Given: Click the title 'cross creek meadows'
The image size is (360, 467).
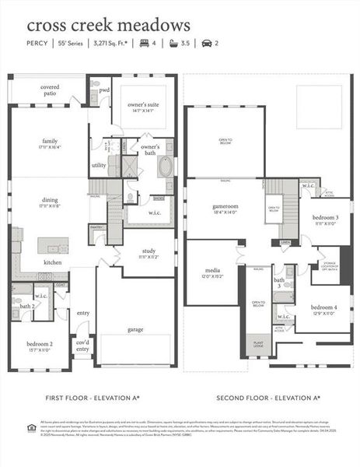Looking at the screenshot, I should click(x=108, y=26).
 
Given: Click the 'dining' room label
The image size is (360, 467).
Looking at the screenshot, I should click(x=51, y=202).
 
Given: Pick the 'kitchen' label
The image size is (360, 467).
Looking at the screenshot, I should click(x=53, y=262).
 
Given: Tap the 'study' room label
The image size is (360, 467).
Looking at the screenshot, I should click(x=149, y=251).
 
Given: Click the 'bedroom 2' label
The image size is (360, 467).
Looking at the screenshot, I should click(x=40, y=344).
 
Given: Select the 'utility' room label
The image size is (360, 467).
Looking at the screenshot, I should click(x=99, y=165).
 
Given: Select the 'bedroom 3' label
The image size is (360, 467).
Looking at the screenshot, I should click(x=325, y=219).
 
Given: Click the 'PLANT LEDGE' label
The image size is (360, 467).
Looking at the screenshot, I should click(x=257, y=343).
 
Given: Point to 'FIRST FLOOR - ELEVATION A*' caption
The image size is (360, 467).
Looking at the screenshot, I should click(x=92, y=397).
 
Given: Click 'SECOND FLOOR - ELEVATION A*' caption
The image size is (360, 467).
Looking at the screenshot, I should click(x=268, y=397).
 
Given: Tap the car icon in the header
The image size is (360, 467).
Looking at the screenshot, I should click(x=206, y=44).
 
